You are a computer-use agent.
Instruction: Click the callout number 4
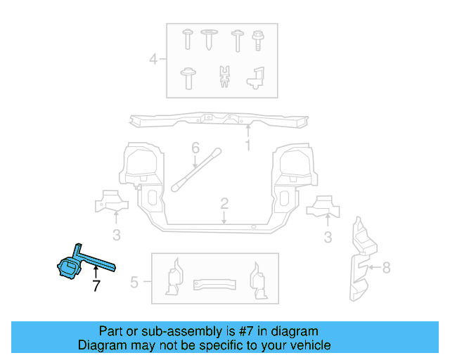pyautogui.click(x=153, y=60)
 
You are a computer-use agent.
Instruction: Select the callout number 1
pyautogui.click(x=247, y=146)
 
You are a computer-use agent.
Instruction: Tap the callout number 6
pyautogui.click(x=196, y=148)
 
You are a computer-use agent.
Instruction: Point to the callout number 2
pyautogui.click(x=224, y=204)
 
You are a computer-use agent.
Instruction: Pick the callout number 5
pyautogui.click(x=134, y=283)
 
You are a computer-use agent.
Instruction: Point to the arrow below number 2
pyautogui.click(x=224, y=217)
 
